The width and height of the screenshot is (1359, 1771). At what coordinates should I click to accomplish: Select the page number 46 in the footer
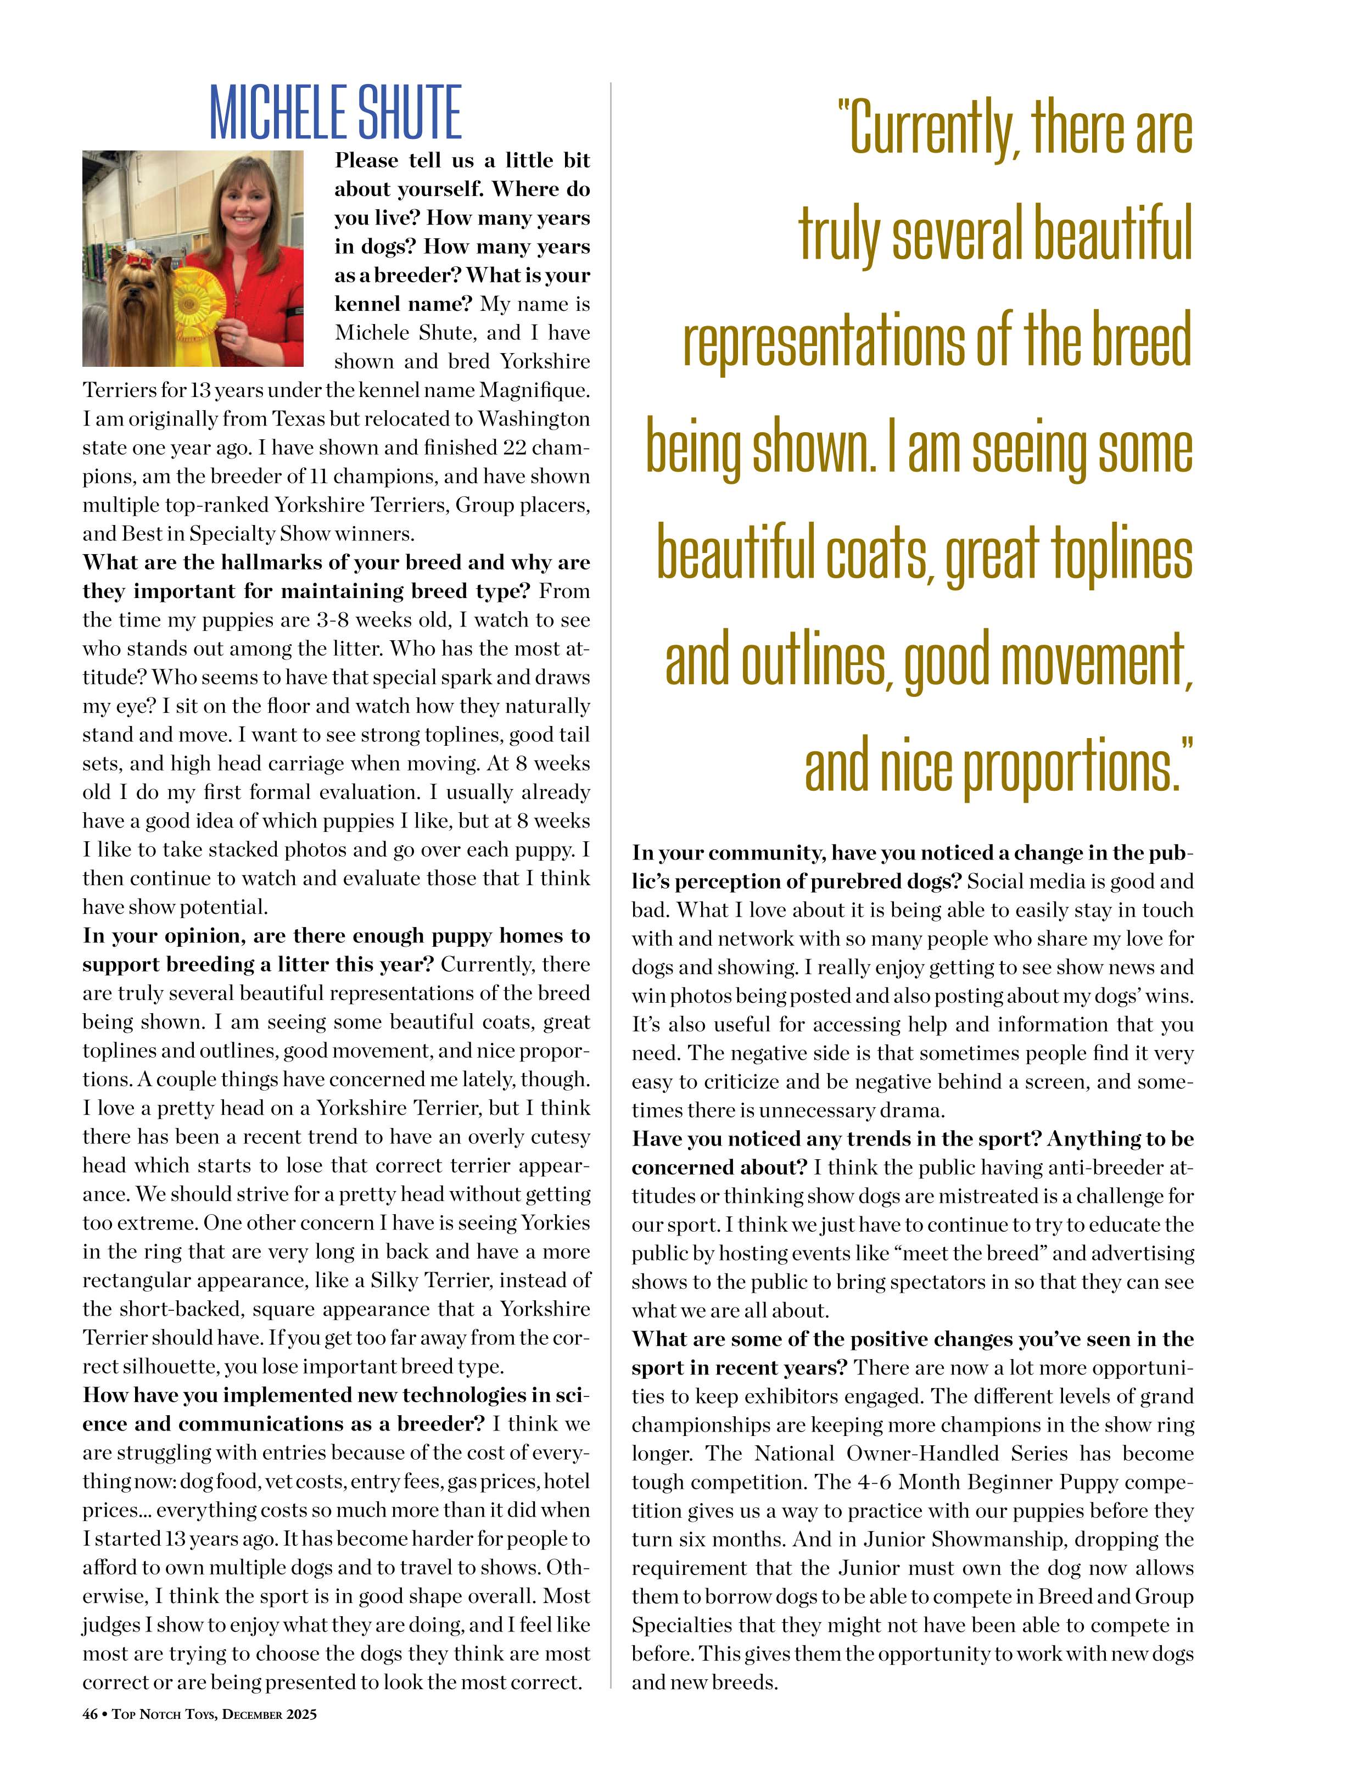90,1713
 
